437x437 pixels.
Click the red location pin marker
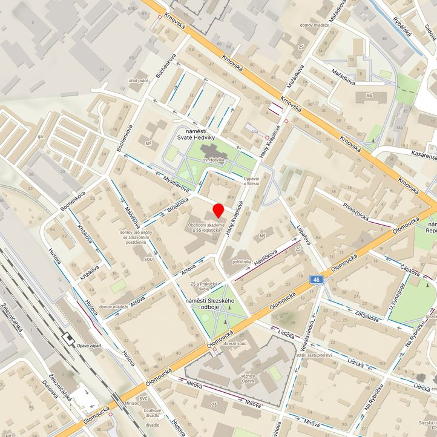pos(218,211)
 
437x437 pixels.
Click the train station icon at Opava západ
pos(68,337)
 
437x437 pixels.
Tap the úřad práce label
pos(139,80)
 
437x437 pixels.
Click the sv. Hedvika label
pos(214,160)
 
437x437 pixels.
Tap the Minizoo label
pos(132,402)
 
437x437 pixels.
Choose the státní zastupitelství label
pos(314,355)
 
